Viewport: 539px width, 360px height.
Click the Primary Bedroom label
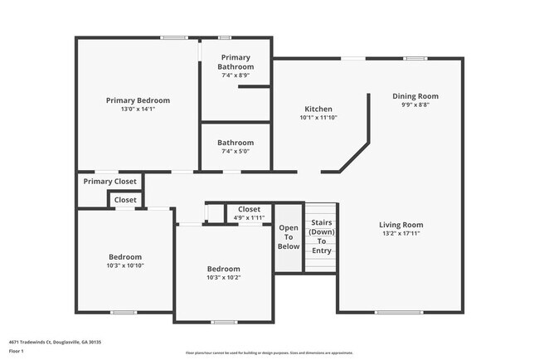(x=137, y=100)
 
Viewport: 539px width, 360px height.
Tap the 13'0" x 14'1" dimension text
(x=137, y=109)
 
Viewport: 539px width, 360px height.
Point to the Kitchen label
(x=318, y=109)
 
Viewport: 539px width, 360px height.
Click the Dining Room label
(x=415, y=96)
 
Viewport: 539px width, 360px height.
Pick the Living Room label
(x=401, y=225)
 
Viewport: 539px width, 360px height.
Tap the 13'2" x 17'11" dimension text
(x=401, y=234)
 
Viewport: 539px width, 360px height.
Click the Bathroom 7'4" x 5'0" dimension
(x=236, y=151)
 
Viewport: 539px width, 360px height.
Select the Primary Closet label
(x=109, y=182)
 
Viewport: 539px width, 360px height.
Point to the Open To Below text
(x=289, y=237)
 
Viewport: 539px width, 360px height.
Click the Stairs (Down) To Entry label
(x=322, y=236)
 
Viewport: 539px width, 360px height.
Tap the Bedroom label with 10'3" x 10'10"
(x=125, y=257)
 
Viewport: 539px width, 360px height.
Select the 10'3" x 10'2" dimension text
(x=224, y=278)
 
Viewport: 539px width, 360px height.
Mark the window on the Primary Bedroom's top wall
(x=173, y=37)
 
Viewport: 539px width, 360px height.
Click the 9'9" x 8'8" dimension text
(x=415, y=105)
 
